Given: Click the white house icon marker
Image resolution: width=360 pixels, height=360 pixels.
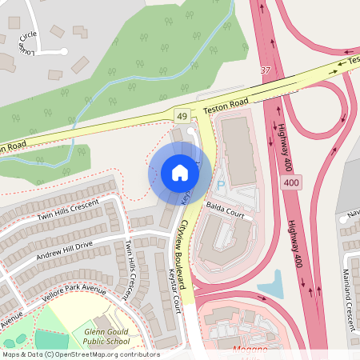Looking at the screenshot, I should click(x=179, y=172).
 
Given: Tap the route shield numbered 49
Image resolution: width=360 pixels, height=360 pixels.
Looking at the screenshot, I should click(x=182, y=115).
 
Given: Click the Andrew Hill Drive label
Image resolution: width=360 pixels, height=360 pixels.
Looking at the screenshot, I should click(x=65, y=254).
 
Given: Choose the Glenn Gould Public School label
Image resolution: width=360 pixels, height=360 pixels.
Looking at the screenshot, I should click(x=106, y=335).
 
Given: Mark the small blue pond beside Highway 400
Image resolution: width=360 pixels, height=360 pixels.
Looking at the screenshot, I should click(x=272, y=282).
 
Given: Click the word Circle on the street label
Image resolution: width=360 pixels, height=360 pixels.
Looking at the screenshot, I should click(x=29, y=36).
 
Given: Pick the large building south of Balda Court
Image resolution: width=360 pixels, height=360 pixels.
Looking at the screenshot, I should click(x=220, y=244).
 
